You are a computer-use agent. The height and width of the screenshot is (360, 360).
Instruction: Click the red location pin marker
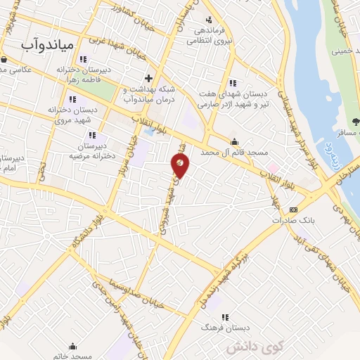[x=181, y=165]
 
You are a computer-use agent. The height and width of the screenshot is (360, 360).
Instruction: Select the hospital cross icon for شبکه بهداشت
[x=148, y=78]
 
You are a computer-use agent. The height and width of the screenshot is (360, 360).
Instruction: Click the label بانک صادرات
[x=294, y=220]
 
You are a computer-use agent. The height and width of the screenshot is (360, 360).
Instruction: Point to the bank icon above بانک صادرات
[x=293, y=210]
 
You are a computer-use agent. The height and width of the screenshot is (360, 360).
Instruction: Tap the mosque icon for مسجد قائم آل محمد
[x=234, y=142]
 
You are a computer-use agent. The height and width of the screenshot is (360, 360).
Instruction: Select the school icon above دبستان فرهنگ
[x=226, y=317]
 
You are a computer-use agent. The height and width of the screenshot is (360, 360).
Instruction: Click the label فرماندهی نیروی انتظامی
[x=210, y=36]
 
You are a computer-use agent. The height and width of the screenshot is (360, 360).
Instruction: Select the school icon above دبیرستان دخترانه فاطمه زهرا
[x=83, y=59]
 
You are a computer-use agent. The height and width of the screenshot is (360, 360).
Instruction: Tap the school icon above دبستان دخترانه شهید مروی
[x=94, y=100]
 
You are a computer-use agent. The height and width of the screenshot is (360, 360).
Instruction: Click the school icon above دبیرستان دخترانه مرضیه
[x=91, y=134]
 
